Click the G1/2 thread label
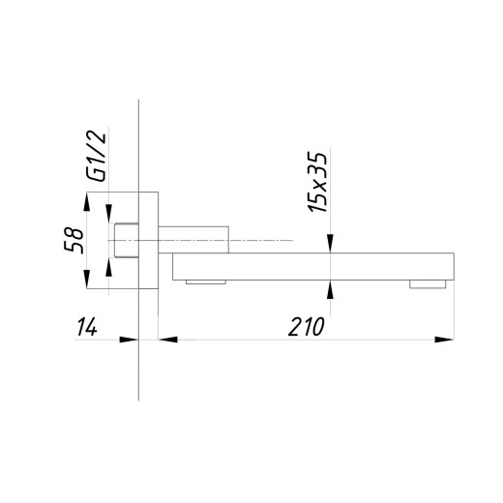click(x=96, y=157)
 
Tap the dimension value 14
click(x=87, y=327)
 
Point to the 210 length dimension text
click(x=306, y=327)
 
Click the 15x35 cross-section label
click(x=318, y=182)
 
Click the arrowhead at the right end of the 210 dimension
click(x=444, y=340)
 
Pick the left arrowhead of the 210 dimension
click(x=168, y=340)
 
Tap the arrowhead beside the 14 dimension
click(x=129, y=340)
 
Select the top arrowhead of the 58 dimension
click(x=86, y=201)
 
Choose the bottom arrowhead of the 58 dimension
click(x=86, y=279)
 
